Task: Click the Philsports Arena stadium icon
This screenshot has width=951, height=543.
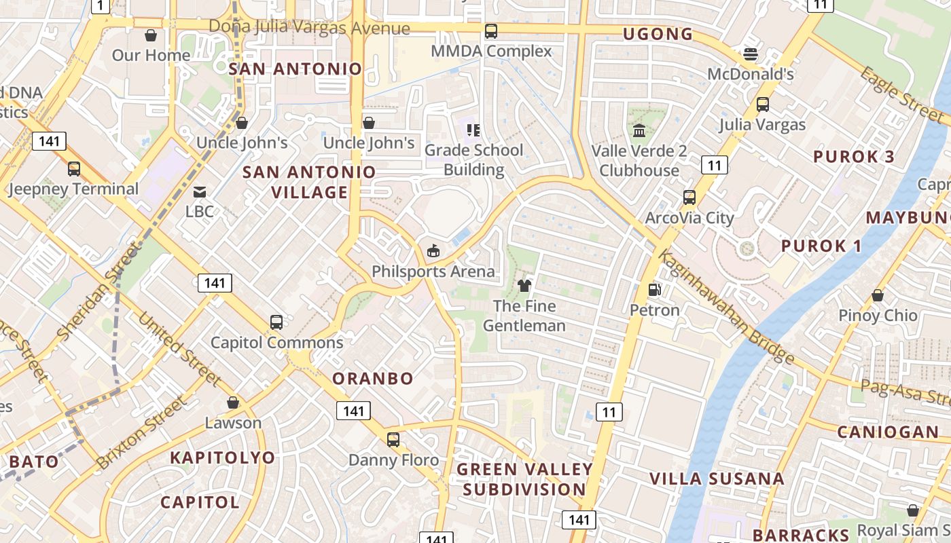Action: point(433,251)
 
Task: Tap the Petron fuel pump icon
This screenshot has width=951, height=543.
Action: point(655,290)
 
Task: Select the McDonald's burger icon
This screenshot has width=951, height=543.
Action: point(751,54)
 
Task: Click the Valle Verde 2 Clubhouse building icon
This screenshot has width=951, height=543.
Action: point(639,130)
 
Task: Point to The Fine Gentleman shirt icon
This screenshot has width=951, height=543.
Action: point(524,286)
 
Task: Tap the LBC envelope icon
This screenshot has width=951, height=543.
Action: point(200,192)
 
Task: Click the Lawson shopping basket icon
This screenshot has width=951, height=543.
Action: point(233,403)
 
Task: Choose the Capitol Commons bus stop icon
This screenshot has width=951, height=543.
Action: point(276,322)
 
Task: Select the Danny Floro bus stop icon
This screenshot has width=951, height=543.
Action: point(393,440)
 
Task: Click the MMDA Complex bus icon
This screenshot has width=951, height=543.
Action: point(491,31)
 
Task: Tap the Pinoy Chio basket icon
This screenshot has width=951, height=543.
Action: point(878,296)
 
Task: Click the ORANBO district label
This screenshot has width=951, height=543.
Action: point(373,379)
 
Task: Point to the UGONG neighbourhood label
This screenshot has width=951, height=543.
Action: point(658,34)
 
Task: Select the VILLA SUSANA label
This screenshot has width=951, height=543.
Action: point(717,479)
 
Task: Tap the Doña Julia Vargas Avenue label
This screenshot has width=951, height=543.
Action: point(309,27)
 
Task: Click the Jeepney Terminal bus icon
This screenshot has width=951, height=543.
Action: point(73,169)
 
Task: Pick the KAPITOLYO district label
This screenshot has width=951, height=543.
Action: point(222,457)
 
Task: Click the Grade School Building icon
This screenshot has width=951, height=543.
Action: point(473,130)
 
